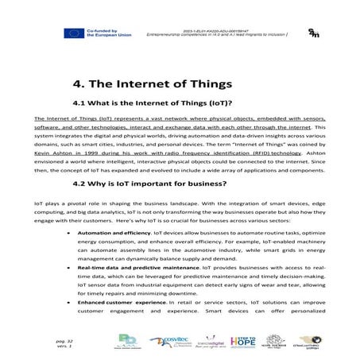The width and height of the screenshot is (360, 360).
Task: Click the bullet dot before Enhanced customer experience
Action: [x=71, y=303]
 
